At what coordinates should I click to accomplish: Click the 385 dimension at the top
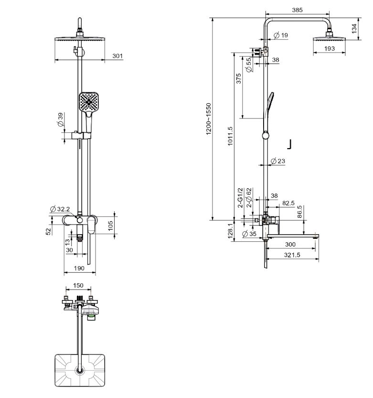[297, 10]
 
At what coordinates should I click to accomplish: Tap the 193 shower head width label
[330, 48]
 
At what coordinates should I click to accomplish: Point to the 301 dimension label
[117, 55]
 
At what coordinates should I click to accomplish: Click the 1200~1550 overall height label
[209, 119]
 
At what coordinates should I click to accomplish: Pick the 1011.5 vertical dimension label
[230, 136]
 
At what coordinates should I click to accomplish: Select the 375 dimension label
[238, 78]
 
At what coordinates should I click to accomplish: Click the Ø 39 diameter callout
[60, 120]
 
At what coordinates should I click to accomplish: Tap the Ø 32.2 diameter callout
[60, 209]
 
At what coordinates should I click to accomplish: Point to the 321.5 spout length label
[292, 255]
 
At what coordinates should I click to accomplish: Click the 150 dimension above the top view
[78, 285]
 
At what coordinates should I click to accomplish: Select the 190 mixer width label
[79, 268]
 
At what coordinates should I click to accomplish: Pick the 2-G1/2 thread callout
[240, 198]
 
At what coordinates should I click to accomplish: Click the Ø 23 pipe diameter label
[278, 161]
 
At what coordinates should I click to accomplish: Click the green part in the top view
[91, 316]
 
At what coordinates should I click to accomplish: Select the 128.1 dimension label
[230, 231]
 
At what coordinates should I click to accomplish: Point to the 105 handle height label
[111, 226]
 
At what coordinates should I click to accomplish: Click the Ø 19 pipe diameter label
[281, 35]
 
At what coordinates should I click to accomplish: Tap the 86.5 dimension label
[299, 212]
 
